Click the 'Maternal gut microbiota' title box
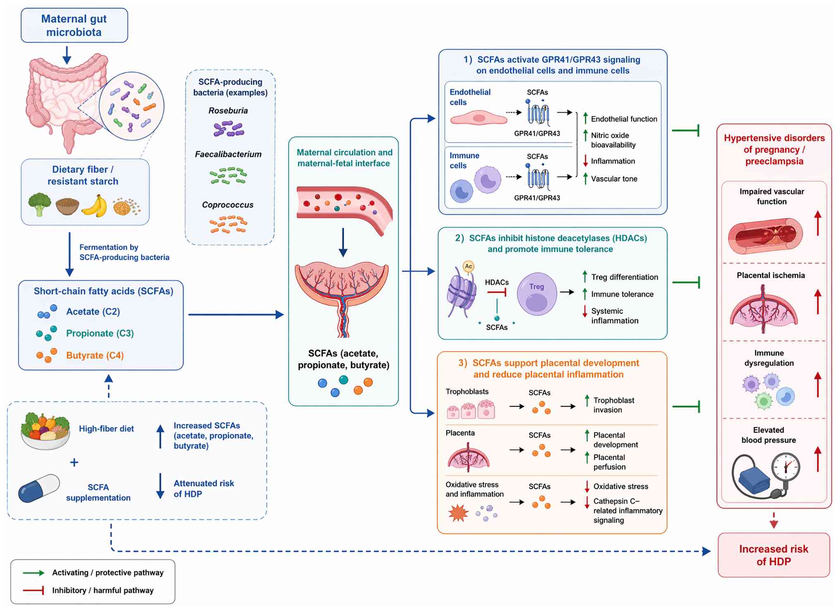(74, 25)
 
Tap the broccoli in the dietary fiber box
(40, 204)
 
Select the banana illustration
(94, 206)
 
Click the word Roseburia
(228, 110)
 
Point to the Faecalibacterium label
(228, 154)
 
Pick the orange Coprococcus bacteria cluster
(228, 224)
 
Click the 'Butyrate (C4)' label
(95, 355)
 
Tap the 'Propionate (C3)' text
(100, 334)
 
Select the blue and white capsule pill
(39, 488)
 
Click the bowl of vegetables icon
(45, 431)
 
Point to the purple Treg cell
(537, 294)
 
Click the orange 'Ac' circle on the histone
(468, 266)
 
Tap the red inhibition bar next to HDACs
(497, 292)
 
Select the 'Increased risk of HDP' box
(773, 555)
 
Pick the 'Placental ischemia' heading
(771, 275)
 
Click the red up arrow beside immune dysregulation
(817, 384)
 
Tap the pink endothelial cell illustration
(479, 118)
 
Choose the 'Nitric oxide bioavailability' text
(613, 140)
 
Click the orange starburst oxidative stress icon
(458, 513)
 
